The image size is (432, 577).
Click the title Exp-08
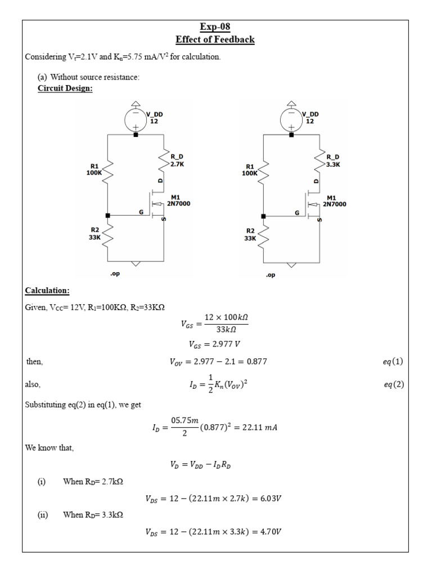click(215, 27)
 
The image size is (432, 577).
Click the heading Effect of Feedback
click(215, 39)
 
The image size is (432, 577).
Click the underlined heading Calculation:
click(47, 291)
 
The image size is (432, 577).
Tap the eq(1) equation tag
click(392, 362)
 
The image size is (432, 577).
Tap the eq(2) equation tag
click(392, 385)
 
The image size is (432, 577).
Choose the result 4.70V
click(271, 531)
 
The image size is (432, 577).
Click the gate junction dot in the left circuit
click(108, 215)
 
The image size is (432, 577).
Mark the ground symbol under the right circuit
click(291, 264)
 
